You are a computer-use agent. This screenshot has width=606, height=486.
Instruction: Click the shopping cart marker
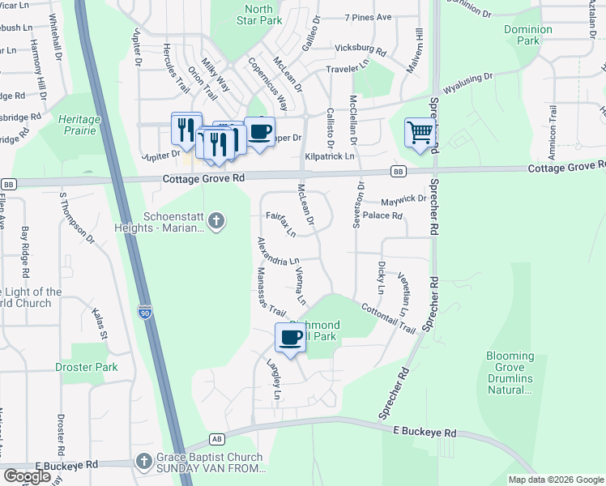(x=420, y=131)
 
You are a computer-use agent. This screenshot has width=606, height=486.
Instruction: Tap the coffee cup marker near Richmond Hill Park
(x=291, y=337)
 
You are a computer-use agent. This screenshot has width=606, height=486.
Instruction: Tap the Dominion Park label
(x=528, y=35)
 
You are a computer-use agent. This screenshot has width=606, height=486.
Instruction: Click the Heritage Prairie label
(x=79, y=125)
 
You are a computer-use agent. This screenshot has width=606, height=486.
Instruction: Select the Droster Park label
(x=87, y=367)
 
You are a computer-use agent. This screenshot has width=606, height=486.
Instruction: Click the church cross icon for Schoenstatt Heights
(x=216, y=220)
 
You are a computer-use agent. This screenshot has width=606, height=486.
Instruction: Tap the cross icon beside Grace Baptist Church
(x=143, y=462)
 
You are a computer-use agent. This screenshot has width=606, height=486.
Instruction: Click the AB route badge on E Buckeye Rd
(x=216, y=438)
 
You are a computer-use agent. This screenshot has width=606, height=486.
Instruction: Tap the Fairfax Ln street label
(x=281, y=224)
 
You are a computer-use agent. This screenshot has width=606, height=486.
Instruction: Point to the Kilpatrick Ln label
(x=330, y=156)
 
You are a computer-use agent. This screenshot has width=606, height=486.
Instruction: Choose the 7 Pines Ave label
(x=368, y=17)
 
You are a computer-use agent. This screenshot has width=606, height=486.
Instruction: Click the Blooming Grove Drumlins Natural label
(x=510, y=373)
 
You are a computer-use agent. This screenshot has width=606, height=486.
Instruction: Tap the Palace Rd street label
(x=382, y=216)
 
